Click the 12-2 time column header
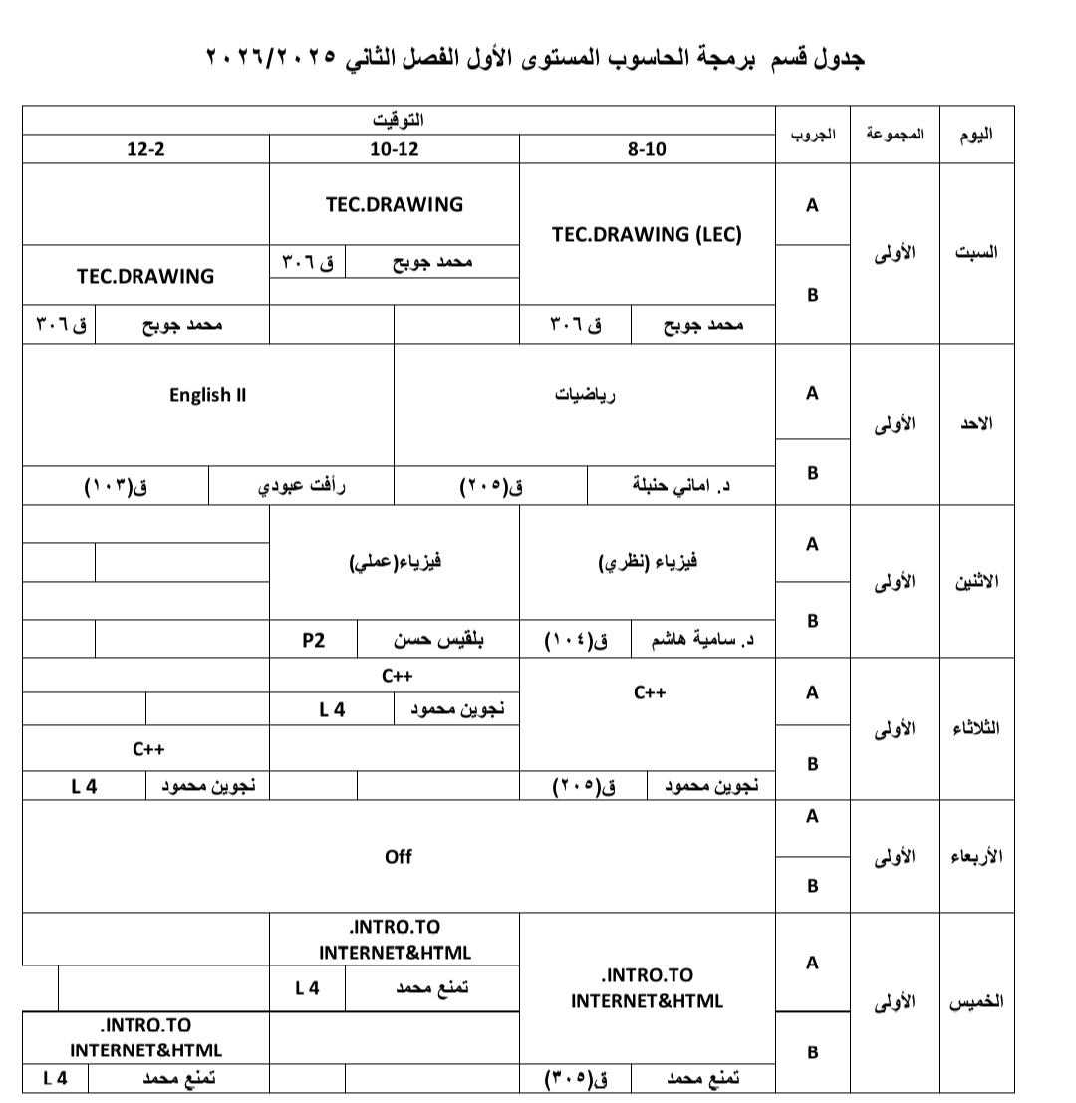coord(145,149)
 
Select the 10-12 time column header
coord(395,149)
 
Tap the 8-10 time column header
coord(647,149)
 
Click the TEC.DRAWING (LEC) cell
coord(647,235)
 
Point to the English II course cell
coord(207,395)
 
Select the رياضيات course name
coord(585,395)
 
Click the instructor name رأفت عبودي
coord(302,487)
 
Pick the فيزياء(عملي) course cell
coord(395,562)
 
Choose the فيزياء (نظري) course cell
coord(647,562)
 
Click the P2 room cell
coord(314,640)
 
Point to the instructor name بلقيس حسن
coord(439,640)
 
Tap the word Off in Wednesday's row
coord(398,856)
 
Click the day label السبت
coord(976,252)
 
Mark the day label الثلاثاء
coord(976,728)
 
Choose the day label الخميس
coord(976,1000)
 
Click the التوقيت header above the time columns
coord(398,121)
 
